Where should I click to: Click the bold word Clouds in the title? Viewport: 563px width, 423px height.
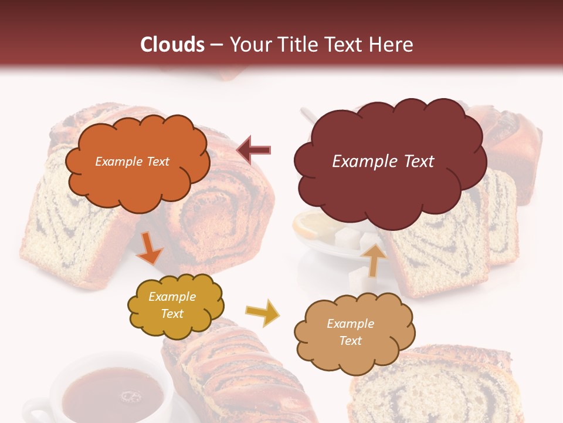tap(172, 45)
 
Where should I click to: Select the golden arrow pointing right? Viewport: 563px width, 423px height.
tap(263, 313)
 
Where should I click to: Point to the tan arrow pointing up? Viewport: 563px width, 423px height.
tap(374, 259)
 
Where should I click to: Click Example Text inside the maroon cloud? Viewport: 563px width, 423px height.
tap(383, 162)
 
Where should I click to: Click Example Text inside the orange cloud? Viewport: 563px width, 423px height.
tap(132, 162)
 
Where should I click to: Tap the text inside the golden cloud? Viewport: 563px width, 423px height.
tap(172, 305)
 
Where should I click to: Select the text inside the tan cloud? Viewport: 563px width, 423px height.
tap(350, 332)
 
